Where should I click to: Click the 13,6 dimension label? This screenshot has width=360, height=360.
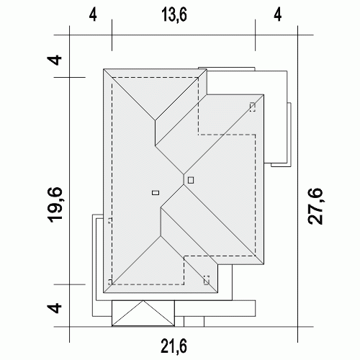coord(174,14)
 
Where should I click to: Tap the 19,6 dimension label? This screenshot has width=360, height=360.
coord(55,204)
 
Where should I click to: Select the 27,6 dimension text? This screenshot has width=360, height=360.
coord(315,207)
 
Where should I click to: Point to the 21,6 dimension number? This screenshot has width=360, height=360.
coord(174,346)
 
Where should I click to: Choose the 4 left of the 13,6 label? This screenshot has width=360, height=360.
coord(93,15)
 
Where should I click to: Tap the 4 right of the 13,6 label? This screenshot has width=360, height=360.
coord(277,15)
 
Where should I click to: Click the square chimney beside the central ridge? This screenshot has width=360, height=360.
coord(191,180)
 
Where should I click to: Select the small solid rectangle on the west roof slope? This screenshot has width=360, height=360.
coord(156,192)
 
